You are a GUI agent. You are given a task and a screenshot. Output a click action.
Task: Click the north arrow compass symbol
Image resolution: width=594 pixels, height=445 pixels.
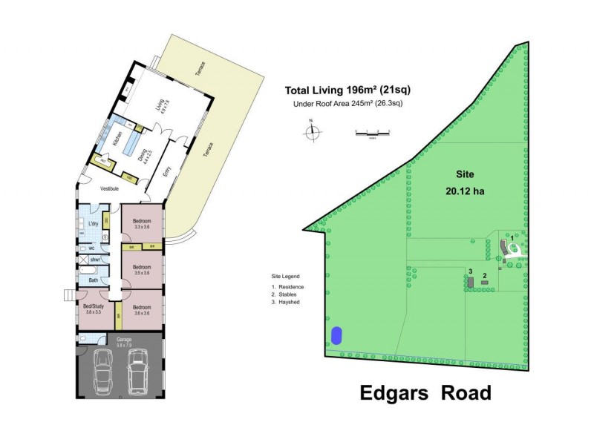click(313, 132)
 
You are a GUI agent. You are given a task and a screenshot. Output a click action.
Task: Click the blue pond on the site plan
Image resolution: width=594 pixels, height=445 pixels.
click(337, 335)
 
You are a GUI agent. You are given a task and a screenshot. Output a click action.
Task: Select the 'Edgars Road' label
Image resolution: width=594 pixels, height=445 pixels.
click(425, 393)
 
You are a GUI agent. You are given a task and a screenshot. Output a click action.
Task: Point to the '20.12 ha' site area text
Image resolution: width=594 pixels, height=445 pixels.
click(465, 191)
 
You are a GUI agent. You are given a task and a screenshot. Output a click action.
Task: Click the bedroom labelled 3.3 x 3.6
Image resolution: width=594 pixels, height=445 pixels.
click(142, 223)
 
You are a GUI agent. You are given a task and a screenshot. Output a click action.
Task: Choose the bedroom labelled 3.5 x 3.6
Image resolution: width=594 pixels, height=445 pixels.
click(142, 268)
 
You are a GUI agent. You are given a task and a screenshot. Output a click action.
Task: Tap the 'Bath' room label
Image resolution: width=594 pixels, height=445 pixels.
click(94, 280)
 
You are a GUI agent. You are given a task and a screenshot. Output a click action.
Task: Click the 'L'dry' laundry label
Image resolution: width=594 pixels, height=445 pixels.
click(94, 224)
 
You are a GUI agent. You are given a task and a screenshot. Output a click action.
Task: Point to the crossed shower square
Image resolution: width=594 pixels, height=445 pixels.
click(82, 260)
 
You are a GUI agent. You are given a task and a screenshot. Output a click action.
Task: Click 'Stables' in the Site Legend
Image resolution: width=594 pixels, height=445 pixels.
click(290, 294)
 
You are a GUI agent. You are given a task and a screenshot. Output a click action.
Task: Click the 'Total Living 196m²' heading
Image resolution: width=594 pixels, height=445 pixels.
click(347, 90)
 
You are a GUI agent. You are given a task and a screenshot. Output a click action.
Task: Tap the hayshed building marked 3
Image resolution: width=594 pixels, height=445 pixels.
click(471, 283)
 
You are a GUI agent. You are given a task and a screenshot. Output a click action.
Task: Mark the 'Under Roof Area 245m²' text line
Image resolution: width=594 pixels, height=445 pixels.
click(348, 104)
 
